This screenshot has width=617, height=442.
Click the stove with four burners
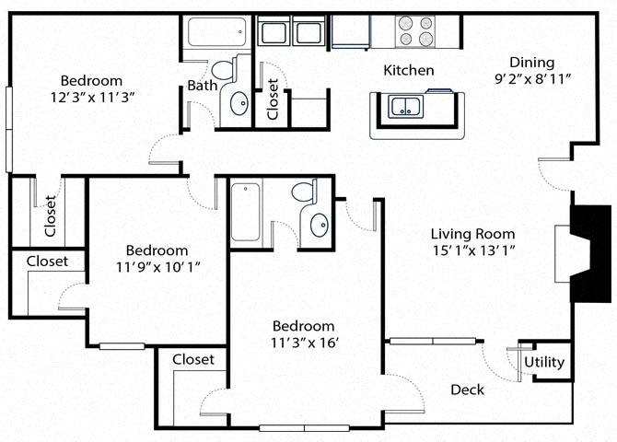pyautogui.click(x=414, y=31)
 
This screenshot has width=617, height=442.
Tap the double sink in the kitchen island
pyautogui.click(x=404, y=106)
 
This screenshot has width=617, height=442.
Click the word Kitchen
pyautogui.click(x=408, y=70)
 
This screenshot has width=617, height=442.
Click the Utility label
pyautogui.click(x=544, y=362)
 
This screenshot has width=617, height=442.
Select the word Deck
pyautogui.click(x=467, y=390)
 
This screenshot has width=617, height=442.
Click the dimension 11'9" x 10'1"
pyautogui.click(x=157, y=267)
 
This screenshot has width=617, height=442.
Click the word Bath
pyautogui.click(x=202, y=86)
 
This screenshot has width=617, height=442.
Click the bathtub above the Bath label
pyautogui.click(x=216, y=34)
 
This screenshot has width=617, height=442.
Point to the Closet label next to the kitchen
pyautogui.click(x=273, y=99)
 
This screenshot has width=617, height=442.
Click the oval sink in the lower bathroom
pyautogui.click(x=319, y=225)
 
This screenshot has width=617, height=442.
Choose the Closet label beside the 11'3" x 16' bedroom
pyautogui.click(x=193, y=359)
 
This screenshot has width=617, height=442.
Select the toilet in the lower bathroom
pyautogui.click(x=304, y=192)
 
